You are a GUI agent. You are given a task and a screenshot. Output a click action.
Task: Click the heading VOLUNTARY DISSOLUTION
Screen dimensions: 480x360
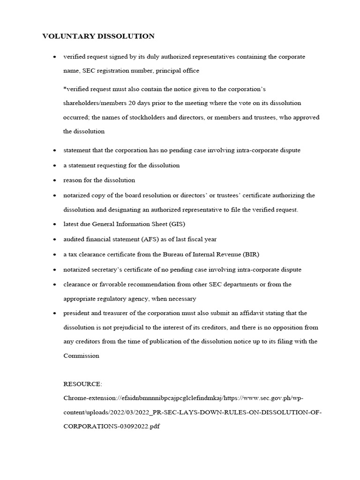98,36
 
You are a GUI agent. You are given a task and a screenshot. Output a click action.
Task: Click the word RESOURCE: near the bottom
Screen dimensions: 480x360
82,384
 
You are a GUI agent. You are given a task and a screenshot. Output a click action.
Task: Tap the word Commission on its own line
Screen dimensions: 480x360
81,356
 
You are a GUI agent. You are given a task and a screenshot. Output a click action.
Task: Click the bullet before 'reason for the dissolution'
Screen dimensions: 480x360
54,180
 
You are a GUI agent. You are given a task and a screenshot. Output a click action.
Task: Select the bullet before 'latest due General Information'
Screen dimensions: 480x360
54,225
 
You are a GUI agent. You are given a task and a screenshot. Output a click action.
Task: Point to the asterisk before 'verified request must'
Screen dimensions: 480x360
65,88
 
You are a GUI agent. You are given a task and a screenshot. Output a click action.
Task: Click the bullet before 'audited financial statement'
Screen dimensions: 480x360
54,239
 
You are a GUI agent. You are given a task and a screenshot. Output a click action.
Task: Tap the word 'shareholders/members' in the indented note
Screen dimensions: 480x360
93,103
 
